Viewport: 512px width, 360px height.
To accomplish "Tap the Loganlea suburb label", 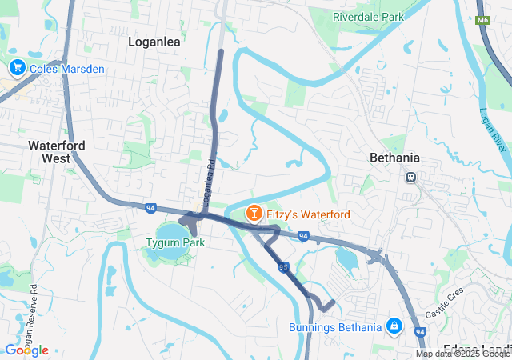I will [154, 42].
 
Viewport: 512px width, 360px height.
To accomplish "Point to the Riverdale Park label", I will [369, 16].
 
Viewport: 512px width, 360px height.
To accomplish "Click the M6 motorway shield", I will [482, 20].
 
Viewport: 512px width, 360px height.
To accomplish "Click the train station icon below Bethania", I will [410, 177].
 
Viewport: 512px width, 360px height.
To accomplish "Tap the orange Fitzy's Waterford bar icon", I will [254, 214].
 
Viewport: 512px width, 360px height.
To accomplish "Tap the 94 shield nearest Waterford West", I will [150, 208].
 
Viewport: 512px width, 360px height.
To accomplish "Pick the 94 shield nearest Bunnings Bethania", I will [420, 331].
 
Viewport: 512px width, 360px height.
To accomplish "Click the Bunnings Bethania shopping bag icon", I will [394, 326].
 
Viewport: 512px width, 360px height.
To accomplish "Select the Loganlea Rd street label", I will [210, 181].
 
